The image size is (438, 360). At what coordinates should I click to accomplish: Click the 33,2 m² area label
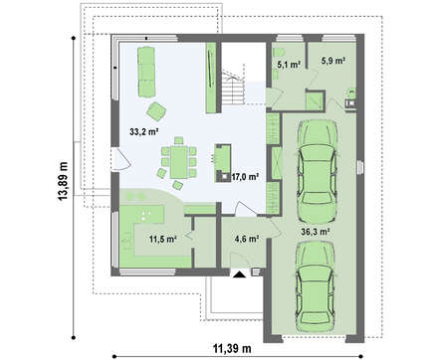[143, 132]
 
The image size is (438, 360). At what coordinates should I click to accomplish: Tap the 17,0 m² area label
[245, 177]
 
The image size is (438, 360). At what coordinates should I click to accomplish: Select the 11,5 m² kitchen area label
[162, 239]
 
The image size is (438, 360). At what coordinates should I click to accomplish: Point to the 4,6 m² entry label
[247, 239]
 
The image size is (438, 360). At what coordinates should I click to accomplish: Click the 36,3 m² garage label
[316, 232]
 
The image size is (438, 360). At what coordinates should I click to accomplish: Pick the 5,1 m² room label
[289, 65]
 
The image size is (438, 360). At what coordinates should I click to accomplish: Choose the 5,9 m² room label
[333, 61]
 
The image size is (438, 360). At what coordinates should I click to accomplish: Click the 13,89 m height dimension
[63, 181]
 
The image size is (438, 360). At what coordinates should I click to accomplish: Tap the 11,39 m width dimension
[232, 348]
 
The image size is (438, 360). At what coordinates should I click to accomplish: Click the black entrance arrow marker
[239, 274]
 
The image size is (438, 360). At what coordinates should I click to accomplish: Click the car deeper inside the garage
[318, 171]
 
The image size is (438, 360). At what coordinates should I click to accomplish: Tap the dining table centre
[178, 162]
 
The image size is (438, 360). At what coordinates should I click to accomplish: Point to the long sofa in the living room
[146, 72]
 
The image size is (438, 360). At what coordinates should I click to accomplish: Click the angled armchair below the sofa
[156, 111]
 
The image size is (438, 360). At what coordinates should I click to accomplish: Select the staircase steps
[234, 88]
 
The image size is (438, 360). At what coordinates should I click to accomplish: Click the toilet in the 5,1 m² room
[278, 53]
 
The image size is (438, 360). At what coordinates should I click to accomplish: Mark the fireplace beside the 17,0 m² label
[223, 163]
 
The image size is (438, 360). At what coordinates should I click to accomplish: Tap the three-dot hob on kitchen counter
[144, 215]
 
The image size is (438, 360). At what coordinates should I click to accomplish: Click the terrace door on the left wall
[120, 159]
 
